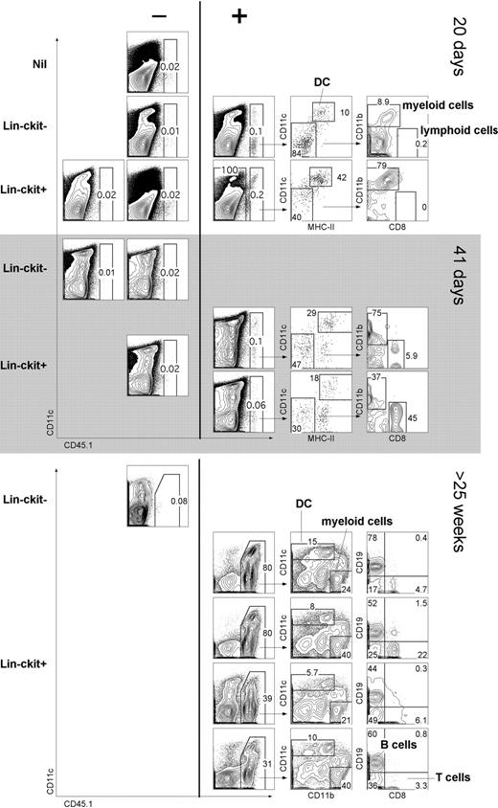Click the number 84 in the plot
[300, 150]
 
